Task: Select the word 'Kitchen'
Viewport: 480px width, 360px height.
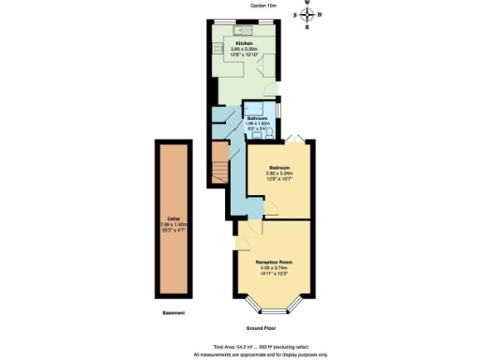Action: point(244,43)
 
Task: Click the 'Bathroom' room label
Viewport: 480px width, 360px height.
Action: point(256,118)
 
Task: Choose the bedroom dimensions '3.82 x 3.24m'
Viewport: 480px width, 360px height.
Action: point(277,173)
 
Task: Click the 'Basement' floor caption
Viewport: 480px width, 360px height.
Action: point(172,312)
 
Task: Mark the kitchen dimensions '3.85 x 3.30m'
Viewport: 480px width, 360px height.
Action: point(244,49)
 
